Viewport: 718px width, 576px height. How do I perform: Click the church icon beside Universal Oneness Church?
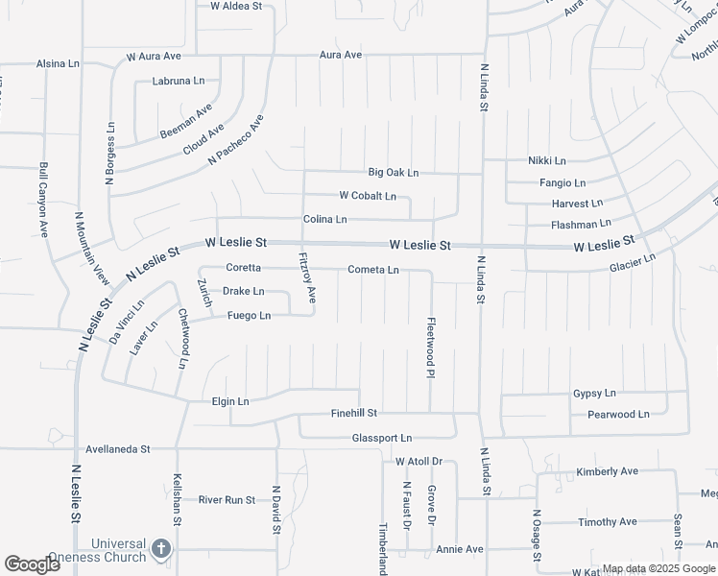[161, 550]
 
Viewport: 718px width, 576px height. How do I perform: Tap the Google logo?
[32, 564]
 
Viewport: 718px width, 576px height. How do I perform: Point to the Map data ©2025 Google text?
[658, 568]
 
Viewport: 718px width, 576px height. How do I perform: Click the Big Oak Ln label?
[394, 173]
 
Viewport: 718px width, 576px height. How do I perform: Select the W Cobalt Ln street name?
[368, 196]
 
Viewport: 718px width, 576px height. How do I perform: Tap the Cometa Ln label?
[373, 271]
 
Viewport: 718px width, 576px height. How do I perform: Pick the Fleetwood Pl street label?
[432, 348]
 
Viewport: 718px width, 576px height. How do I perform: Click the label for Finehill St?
[354, 413]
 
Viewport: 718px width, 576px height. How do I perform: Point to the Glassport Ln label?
[382, 438]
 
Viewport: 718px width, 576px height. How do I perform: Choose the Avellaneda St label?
[118, 448]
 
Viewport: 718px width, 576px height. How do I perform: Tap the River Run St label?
[227, 500]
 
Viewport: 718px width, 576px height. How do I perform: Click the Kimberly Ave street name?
[607, 471]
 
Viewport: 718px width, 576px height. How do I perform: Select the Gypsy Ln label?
[594, 394]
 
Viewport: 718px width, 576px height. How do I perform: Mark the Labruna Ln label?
[179, 82]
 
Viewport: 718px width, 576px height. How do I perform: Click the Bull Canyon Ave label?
[43, 200]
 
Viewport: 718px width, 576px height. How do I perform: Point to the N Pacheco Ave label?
[237, 140]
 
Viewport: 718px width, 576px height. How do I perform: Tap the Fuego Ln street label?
[249, 316]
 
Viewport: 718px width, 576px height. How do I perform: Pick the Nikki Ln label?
[547, 160]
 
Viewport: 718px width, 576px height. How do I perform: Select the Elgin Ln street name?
[230, 401]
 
